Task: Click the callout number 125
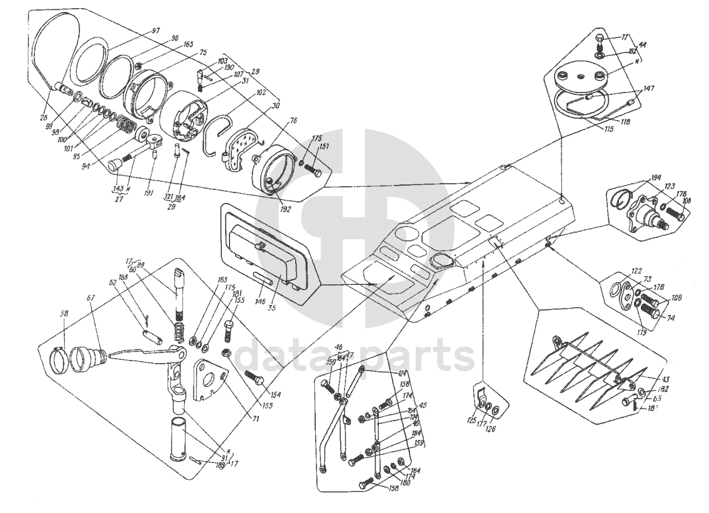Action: coord(473,421)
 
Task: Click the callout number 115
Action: coord(609,129)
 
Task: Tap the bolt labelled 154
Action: coord(254,378)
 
